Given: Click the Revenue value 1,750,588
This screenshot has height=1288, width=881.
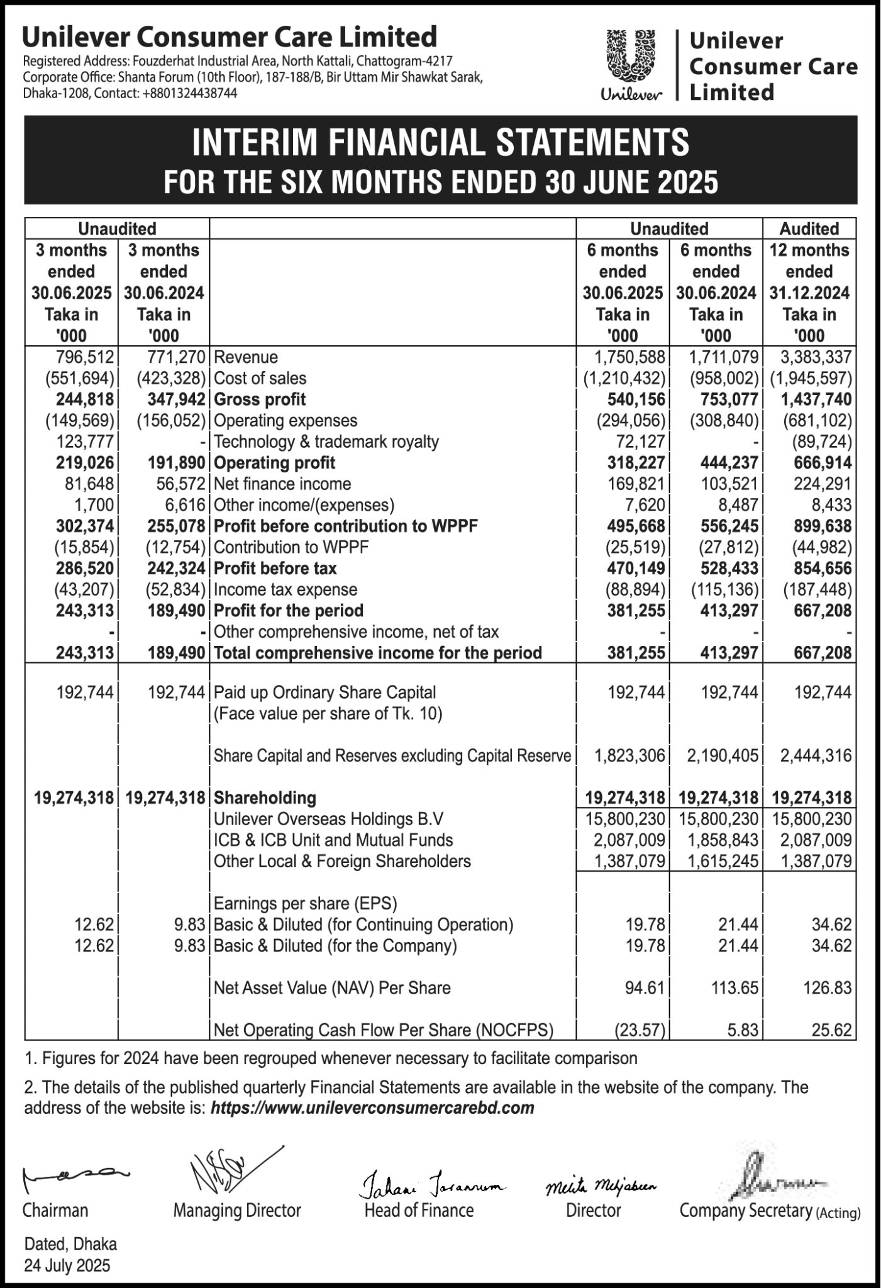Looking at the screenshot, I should pos(629,357).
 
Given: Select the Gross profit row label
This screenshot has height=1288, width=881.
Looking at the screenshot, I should pos(260,399).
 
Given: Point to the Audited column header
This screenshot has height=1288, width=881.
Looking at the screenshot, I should pos(809,228).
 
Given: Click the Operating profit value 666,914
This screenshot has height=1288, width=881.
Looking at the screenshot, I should pos(816,463).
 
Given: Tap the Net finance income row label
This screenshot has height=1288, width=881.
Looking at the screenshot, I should pos(282,484).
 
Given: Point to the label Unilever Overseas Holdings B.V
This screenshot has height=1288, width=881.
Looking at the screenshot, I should pos(328,819).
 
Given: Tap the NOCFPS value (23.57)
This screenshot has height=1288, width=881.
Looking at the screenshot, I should pos(639,1030).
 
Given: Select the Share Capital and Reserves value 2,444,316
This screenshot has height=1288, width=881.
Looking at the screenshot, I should pos(816,755).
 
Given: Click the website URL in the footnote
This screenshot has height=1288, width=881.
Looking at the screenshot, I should pos(372,1108).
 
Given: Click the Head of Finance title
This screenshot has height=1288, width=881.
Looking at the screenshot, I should pos(419,1210).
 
